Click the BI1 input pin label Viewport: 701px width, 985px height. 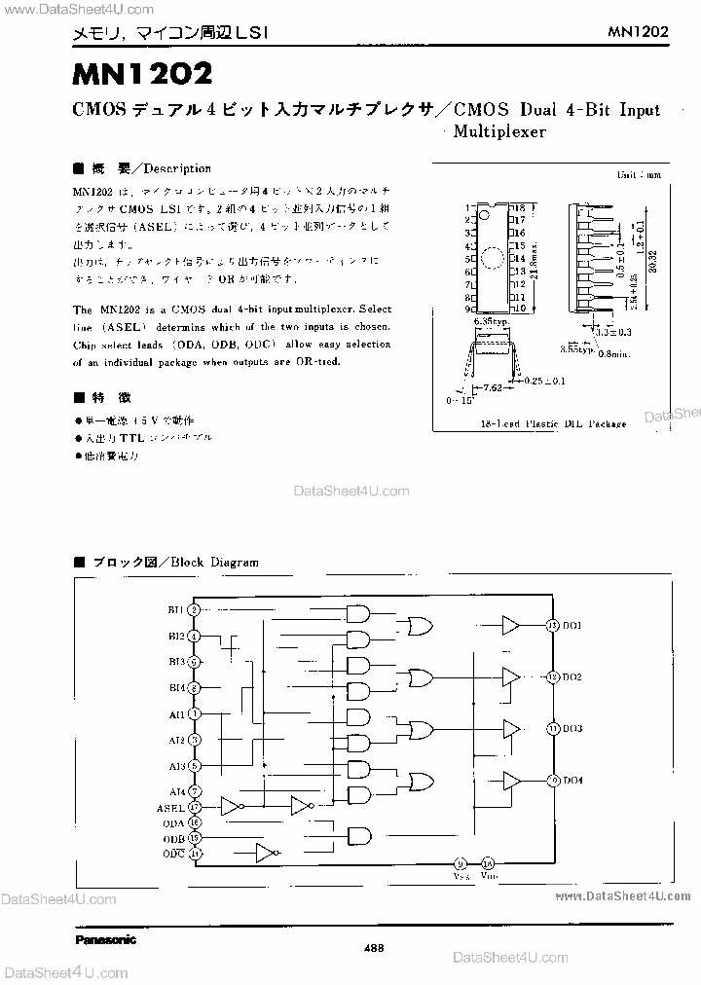coord(175,609)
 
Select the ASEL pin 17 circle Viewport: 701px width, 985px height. coord(195,807)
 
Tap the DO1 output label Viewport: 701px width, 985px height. coord(572,625)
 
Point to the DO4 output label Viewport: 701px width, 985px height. coord(572,780)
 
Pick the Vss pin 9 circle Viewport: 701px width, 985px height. coord(461,862)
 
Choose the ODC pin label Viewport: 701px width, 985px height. coord(173,853)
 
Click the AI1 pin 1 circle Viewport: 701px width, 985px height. coord(195,713)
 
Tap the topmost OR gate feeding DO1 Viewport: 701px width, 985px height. coord(423,625)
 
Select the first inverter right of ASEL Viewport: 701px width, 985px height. coord(232,807)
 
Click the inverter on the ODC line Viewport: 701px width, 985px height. coord(265,853)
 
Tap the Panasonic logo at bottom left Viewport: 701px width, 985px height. coord(106,939)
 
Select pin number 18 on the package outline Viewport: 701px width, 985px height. coord(520,208)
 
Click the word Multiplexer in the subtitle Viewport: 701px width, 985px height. coord(500,131)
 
